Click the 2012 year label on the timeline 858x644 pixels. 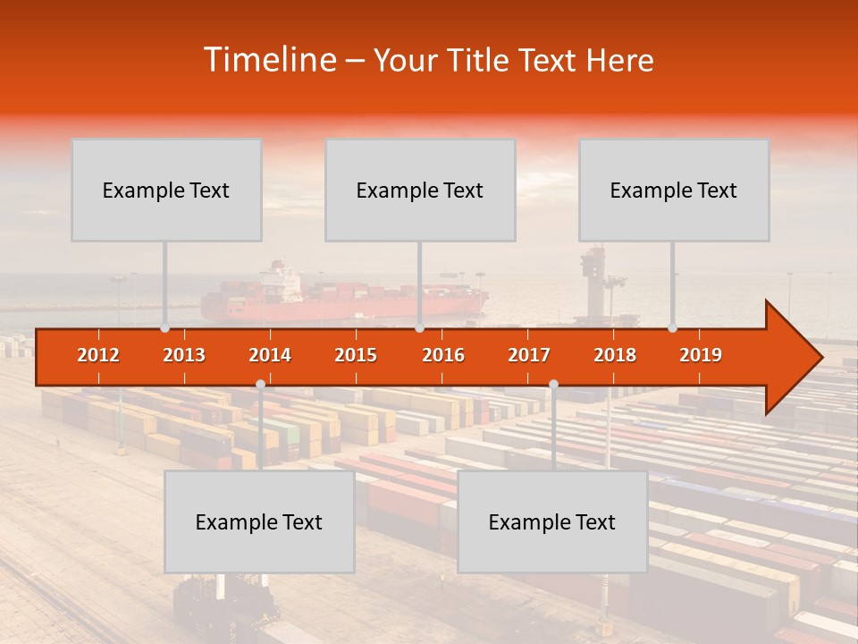pos(98,355)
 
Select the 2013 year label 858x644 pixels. pos(184,355)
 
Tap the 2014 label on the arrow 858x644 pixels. pos(270,355)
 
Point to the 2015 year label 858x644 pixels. pos(356,355)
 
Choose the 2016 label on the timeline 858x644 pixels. pos(443,355)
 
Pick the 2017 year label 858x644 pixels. pos(529,355)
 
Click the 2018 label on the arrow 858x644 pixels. pos(615,355)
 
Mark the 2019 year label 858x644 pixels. pos(701,355)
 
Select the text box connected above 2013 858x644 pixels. pos(166,190)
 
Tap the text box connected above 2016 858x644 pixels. pos(420,190)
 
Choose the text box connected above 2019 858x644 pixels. pos(674,190)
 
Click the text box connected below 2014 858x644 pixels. pos(259,521)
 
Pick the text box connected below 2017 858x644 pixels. pos(552,521)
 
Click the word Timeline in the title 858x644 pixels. pos(269,60)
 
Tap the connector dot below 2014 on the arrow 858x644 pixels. pos(260,385)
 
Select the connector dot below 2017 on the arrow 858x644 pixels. pos(553,385)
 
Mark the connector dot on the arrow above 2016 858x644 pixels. pos(419,328)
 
